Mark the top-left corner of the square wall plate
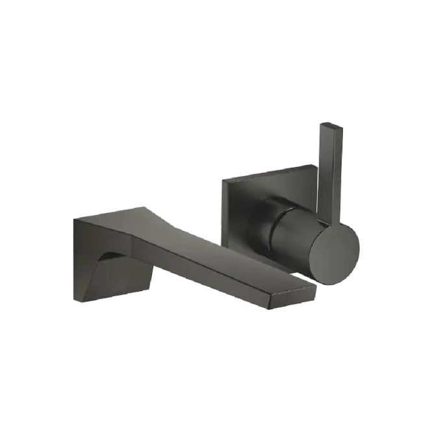(222, 177)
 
